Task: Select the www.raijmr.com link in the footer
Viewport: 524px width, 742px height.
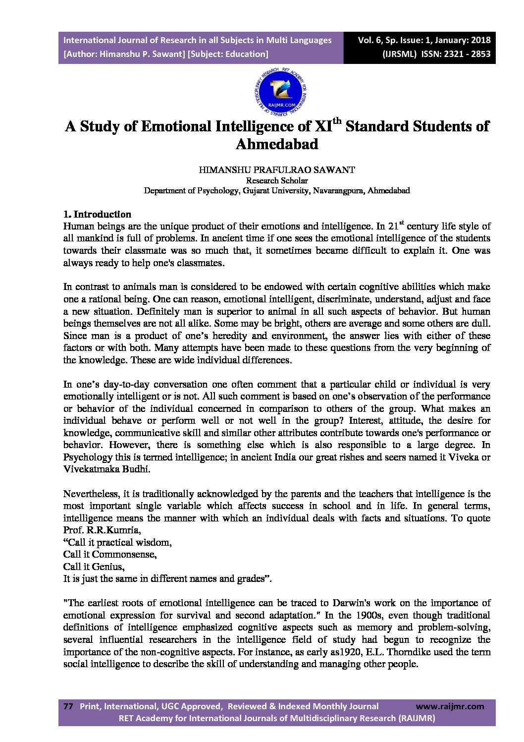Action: pyautogui.click(x=450, y=706)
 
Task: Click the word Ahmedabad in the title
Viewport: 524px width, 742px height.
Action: pyautogui.click(x=276, y=144)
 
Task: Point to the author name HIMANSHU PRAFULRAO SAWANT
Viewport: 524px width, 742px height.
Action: pyautogui.click(x=276, y=170)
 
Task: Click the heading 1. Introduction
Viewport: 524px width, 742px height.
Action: pyautogui.click(x=97, y=214)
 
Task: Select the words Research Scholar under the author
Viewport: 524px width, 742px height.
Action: pyautogui.click(x=276, y=180)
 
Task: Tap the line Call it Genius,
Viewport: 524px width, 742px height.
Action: pyautogui.click(x=94, y=567)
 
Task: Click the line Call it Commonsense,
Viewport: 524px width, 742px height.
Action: pyautogui.click(x=110, y=554)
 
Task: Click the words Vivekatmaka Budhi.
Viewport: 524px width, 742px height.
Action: pyautogui.click(x=106, y=469)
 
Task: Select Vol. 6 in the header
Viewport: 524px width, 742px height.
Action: pyautogui.click(x=370, y=40)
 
